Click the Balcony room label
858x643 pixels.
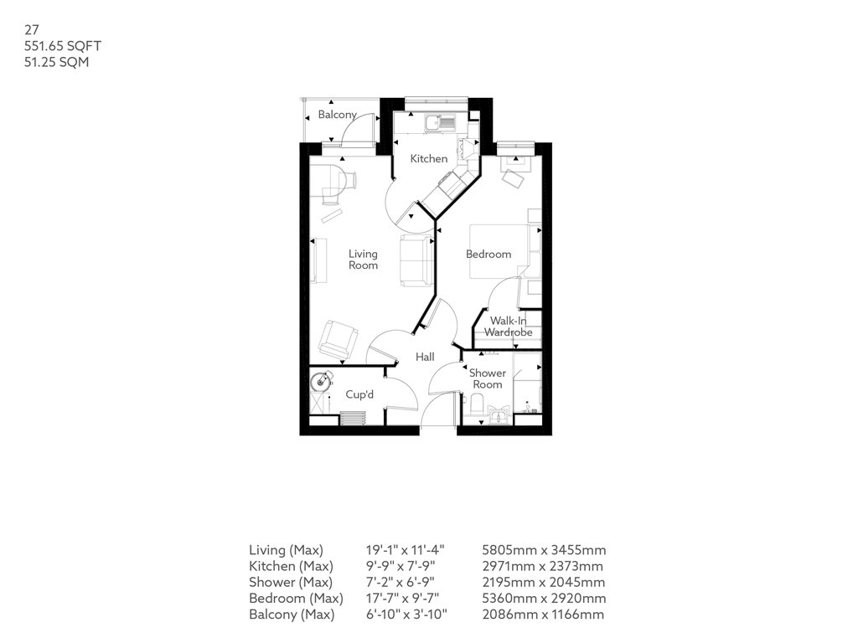[337, 115]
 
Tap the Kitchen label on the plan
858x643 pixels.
[429, 158]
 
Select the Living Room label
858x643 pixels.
[364, 260]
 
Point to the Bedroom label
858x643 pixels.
[488, 255]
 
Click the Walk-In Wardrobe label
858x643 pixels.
[509, 327]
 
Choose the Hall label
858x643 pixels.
[425, 357]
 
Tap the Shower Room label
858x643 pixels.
[488, 378]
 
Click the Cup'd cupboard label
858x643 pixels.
[359, 394]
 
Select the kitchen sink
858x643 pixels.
[441, 123]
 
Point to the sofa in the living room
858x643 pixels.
[416, 260]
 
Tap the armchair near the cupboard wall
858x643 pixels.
[339, 339]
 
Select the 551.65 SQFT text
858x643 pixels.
[63, 46]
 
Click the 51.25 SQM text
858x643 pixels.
[56, 62]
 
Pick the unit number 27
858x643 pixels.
[32, 29]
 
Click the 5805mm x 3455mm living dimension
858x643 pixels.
[544, 550]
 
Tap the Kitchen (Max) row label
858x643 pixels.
[291, 566]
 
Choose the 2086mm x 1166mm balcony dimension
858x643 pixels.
[543, 614]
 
